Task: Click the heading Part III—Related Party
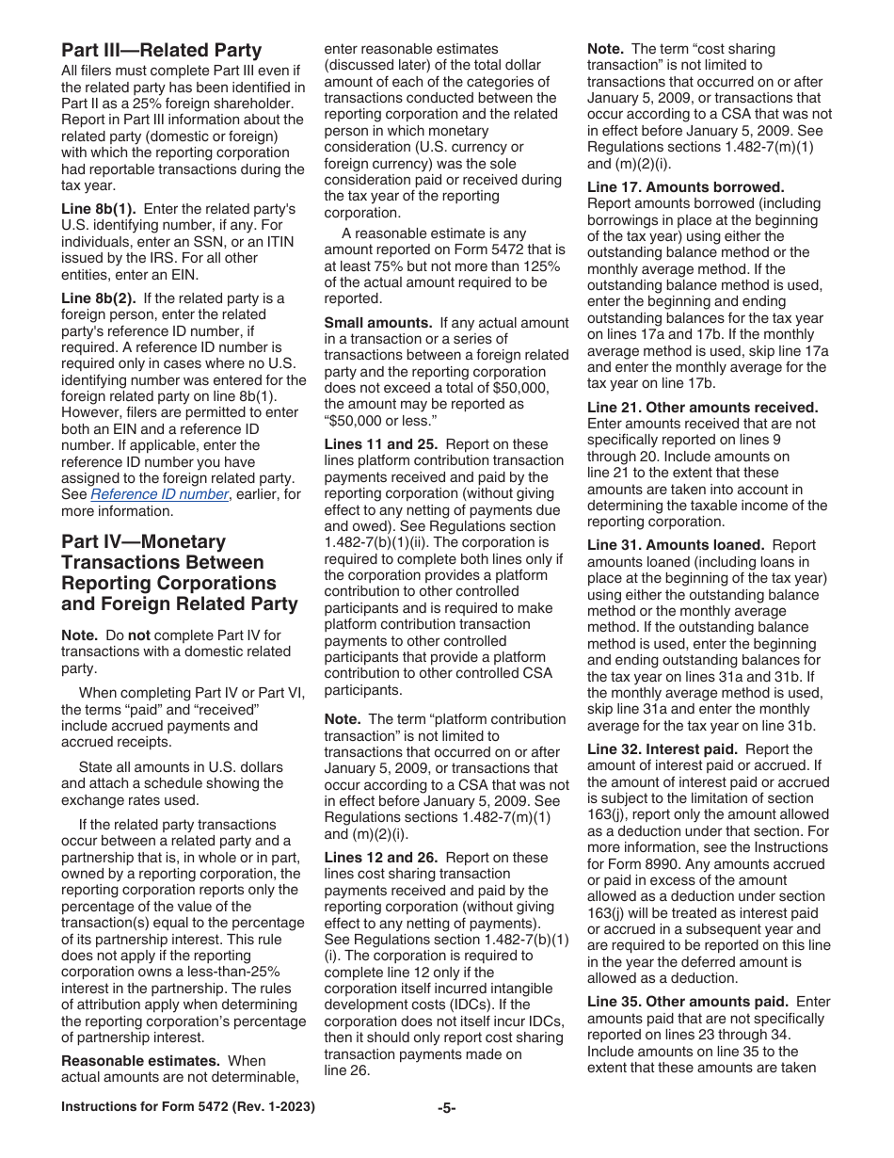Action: [162, 50]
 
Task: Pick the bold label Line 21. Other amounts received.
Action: [702, 408]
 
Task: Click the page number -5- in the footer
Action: [447, 1108]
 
